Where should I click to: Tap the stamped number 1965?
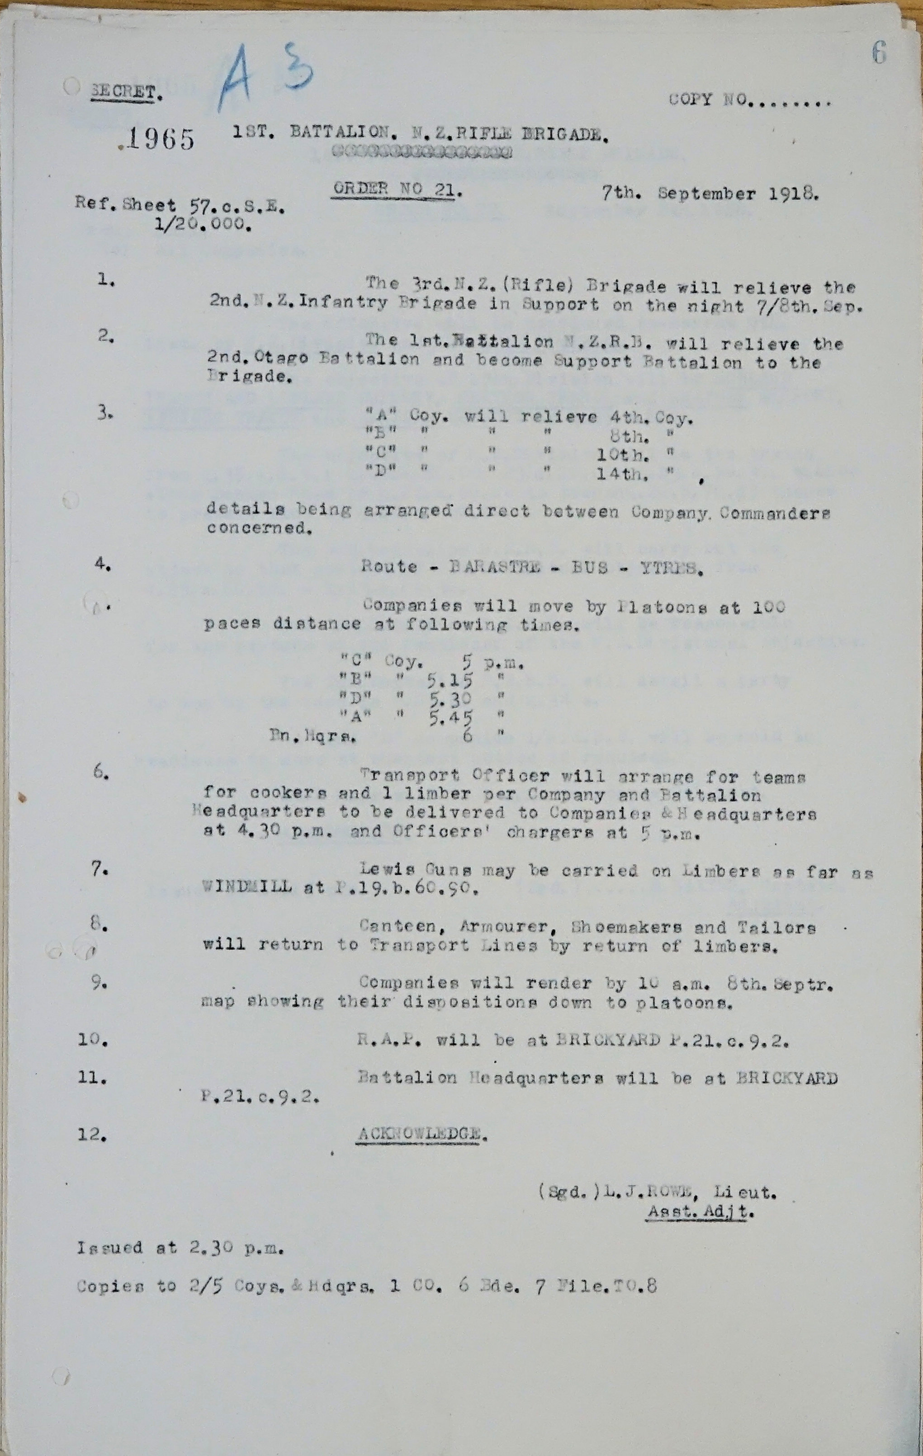coord(160,139)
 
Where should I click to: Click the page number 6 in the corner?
coord(879,54)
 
